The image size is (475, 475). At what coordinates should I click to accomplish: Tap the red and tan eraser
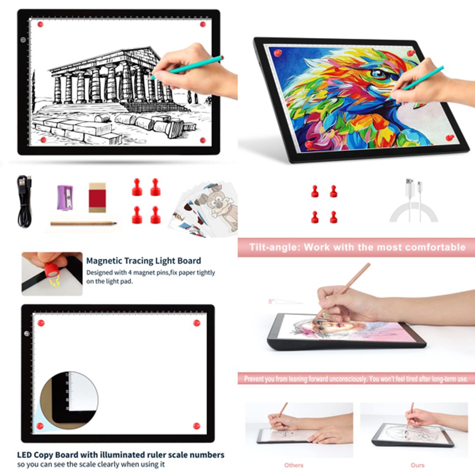pyautogui.click(x=97, y=197)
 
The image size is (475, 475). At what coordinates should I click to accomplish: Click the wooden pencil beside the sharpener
pyautogui.click(x=83, y=223)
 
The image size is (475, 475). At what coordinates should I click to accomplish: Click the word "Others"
pyautogui.click(x=293, y=465)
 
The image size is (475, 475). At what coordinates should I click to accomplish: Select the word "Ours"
pyautogui.click(x=417, y=465)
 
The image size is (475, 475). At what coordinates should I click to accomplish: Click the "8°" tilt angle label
pyautogui.click(x=271, y=301)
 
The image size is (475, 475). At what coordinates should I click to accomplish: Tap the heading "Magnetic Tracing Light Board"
pyautogui.click(x=143, y=260)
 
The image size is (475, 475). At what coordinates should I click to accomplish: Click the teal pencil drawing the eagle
pyautogui.click(x=422, y=78)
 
